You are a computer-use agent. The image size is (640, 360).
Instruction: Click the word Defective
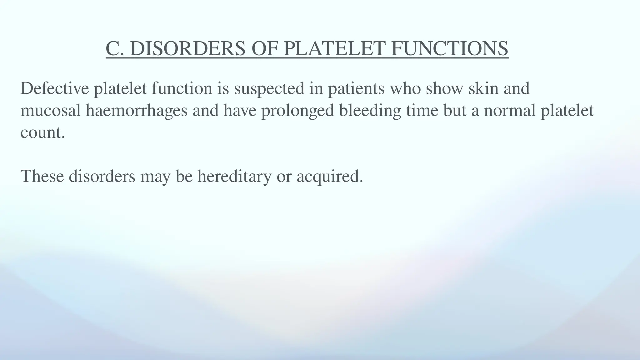pyautogui.click(x=55, y=88)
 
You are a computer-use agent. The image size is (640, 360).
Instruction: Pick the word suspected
pyautogui.click(x=269, y=88)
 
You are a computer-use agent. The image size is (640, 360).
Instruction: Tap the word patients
pyautogui.click(x=356, y=88)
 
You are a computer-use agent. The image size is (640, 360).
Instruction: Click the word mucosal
pyautogui.click(x=51, y=111)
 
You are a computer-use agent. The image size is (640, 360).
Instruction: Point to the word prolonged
pyautogui.click(x=297, y=111)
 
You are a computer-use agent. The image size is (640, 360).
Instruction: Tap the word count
pyautogui.click(x=42, y=132)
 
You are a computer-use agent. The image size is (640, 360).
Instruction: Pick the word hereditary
pyautogui.click(x=234, y=176)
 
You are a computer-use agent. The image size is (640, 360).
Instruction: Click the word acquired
pyautogui.click(x=329, y=176)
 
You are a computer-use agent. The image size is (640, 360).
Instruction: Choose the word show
pyautogui.click(x=444, y=88)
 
